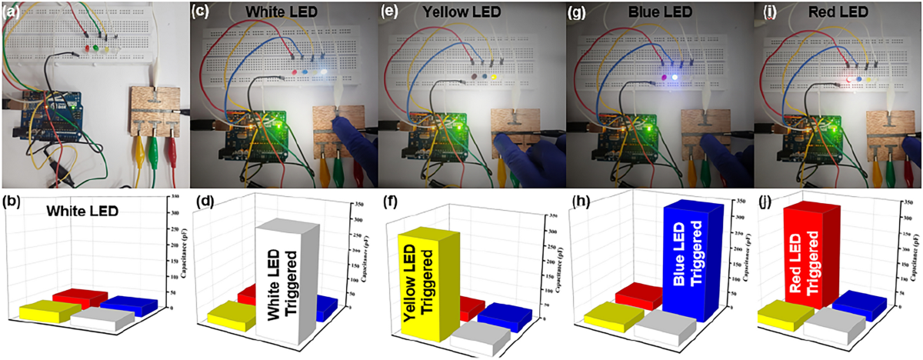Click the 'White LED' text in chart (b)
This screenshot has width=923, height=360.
[79, 209]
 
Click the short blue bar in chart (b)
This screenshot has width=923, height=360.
[127, 304]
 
